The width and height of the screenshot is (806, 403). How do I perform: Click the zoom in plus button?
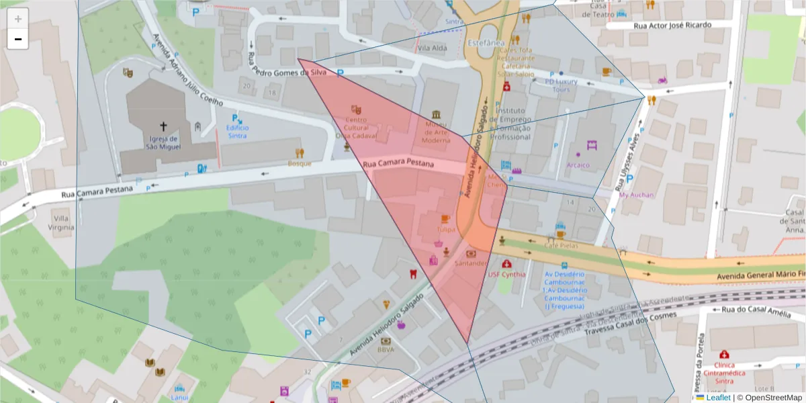point(18,18)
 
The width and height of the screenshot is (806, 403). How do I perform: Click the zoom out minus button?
point(18,39)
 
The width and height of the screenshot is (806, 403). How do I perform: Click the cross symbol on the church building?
point(163,126)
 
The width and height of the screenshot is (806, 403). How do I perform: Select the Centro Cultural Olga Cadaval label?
point(356,127)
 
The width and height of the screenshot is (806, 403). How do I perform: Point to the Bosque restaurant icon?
point(300,153)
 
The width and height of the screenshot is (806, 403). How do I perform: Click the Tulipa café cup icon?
point(445,219)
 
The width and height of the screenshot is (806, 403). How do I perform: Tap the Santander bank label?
point(470,263)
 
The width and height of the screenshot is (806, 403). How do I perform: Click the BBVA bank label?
point(386,349)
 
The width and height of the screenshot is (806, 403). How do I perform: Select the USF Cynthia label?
point(506,274)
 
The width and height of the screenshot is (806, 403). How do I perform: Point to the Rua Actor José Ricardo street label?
point(672,25)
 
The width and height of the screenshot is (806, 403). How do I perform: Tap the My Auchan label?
point(636,195)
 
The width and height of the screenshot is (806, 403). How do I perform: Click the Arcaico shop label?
point(578,165)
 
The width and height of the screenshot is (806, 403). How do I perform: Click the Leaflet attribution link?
point(718,398)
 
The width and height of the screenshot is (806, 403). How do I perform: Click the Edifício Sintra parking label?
point(237,131)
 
